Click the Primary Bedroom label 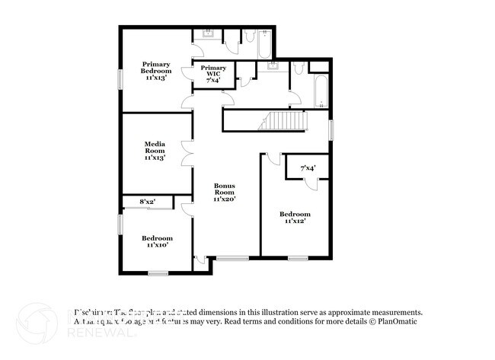click(x=155, y=71)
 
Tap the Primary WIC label click(x=213, y=74)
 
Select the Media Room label click(x=155, y=151)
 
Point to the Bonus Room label click(x=225, y=193)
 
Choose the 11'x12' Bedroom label click(x=295, y=218)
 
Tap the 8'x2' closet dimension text click(x=147, y=202)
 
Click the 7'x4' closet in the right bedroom click(x=308, y=167)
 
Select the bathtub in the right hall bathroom click(x=321, y=91)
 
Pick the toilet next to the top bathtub click(x=249, y=36)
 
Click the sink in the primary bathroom click(x=206, y=36)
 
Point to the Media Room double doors click(x=185, y=152)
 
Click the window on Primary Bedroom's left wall click(x=120, y=79)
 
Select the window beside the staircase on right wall click(x=331, y=129)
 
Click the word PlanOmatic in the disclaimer click(x=400, y=322)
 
